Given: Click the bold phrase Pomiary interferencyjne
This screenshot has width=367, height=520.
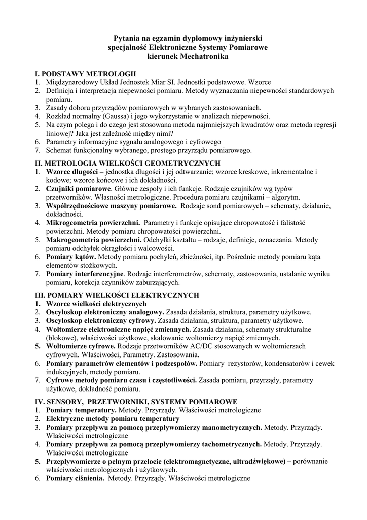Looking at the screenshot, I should [85, 274].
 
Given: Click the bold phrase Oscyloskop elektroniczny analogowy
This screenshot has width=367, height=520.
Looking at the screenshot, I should [105, 312].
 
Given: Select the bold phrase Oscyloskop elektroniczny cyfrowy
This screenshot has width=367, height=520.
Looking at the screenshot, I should [101, 320].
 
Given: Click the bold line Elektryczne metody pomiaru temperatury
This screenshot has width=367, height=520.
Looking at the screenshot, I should [113, 418].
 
